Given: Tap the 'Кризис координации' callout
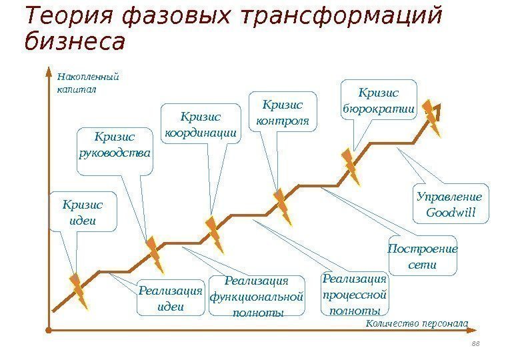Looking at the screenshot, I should (201, 123).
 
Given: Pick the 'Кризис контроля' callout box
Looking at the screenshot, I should (283, 113).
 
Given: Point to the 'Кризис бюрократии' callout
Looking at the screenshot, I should (378, 100).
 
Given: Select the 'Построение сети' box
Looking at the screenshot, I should (422, 256).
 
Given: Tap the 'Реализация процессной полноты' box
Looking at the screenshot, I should (354, 294).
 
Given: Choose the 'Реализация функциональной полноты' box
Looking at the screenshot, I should (257, 297).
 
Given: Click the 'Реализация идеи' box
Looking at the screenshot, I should (170, 298).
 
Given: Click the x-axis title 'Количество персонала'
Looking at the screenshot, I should (417, 324).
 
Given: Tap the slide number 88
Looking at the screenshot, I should (475, 343).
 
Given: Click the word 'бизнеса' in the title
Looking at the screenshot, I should (75, 41).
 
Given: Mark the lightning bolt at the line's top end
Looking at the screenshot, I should (431, 118).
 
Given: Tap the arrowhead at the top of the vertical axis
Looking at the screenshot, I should (49, 70).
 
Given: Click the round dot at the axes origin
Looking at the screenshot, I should (49, 329).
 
